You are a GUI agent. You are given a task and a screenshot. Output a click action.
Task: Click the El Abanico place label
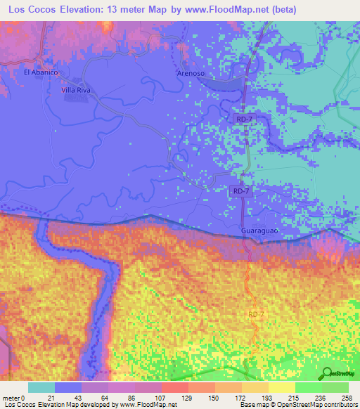pyautogui.click(x=39, y=72)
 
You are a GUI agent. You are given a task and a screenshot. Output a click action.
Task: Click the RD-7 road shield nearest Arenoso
pyautogui.click(x=244, y=120)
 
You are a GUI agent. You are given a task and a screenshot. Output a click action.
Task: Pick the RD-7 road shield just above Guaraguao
pyautogui.click(x=240, y=190)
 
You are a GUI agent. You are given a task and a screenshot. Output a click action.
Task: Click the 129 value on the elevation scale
pyautogui.click(x=188, y=398)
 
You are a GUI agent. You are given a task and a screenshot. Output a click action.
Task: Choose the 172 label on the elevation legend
pyautogui.click(x=240, y=398)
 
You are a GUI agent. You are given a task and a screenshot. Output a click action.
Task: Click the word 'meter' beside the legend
pyautogui.click(x=11, y=398)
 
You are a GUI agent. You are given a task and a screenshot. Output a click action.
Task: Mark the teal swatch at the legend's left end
pyautogui.click(x=41, y=387)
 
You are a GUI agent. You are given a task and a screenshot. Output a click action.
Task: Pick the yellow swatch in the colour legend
pyautogui.click(x=281, y=387)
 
